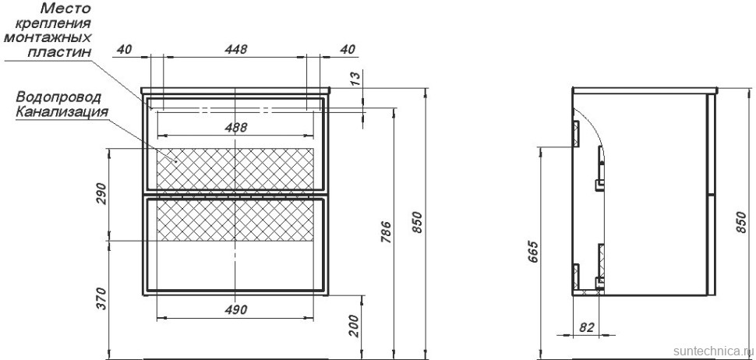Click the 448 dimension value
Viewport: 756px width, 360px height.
click(x=236, y=50)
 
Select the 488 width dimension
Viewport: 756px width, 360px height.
click(x=236, y=128)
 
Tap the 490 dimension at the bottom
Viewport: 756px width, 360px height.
click(x=236, y=309)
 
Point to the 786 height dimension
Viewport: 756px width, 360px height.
click(x=386, y=232)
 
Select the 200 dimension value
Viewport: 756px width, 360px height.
click(x=353, y=326)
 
